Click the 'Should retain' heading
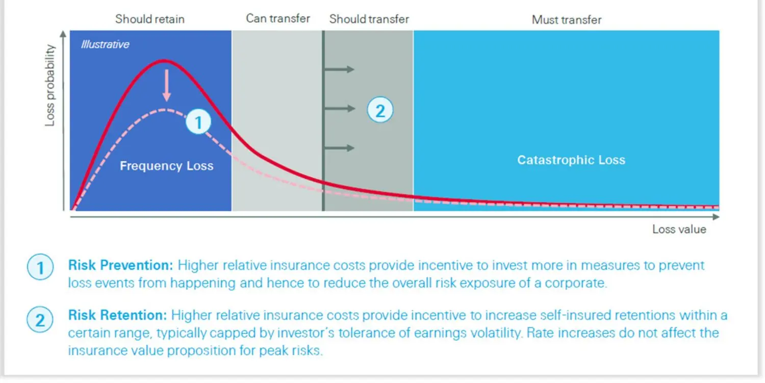[x=149, y=19]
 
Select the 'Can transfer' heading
[x=278, y=18]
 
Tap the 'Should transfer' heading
[x=369, y=19]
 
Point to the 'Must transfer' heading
[x=566, y=20]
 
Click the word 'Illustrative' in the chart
[x=105, y=44]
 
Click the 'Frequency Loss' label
[x=166, y=166]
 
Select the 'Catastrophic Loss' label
[x=571, y=160]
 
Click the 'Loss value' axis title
[x=679, y=229]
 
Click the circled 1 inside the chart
[x=198, y=122]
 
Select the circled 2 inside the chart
[x=380, y=110]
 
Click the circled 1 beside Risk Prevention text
[x=40, y=267]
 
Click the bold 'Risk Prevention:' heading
[x=121, y=266]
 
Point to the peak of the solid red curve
[x=163, y=61]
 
